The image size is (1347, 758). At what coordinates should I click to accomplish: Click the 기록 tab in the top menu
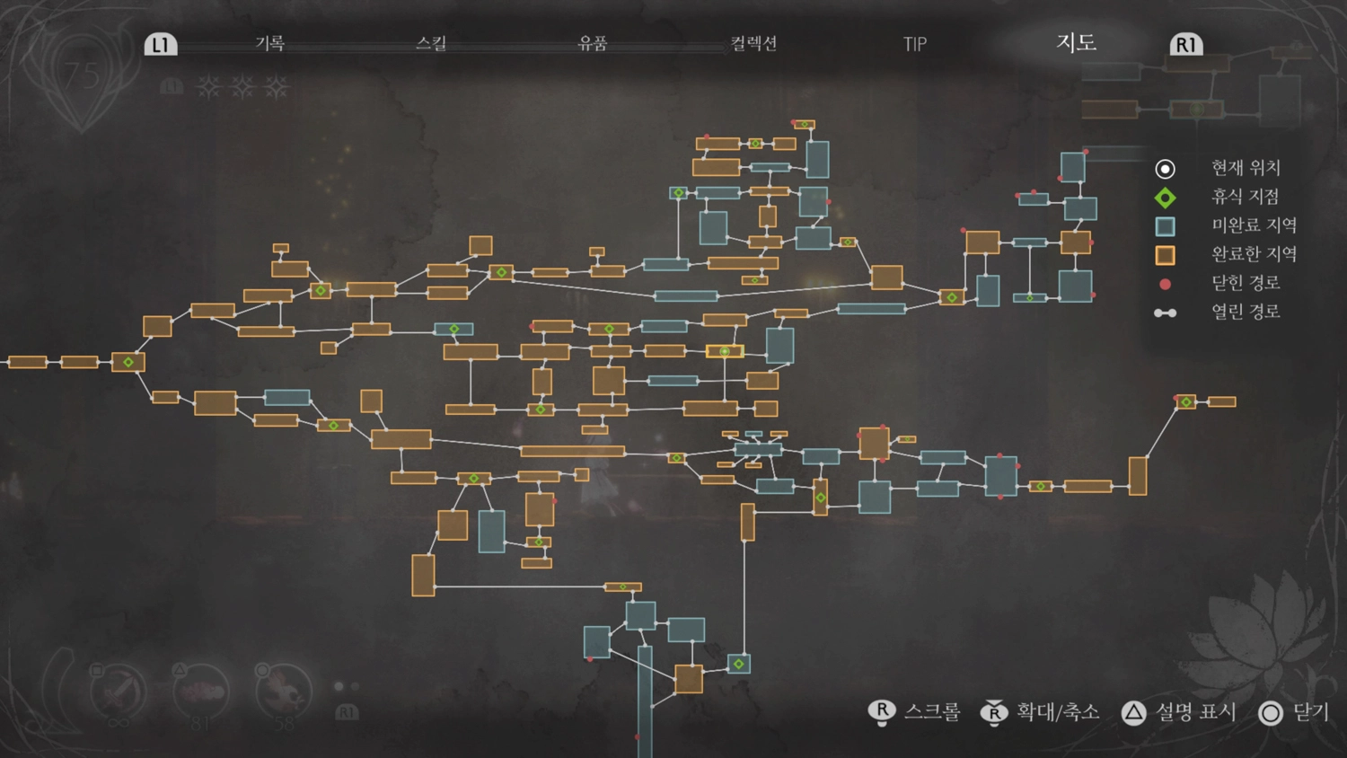pyautogui.click(x=269, y=43)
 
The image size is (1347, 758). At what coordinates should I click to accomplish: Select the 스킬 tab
pyautogui.click(x=431, y=43)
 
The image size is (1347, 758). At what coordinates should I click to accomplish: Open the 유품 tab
pyautogui.click(x=593, y=43)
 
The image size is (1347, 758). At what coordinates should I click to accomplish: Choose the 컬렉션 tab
pyautogui.click(x=753, y=43)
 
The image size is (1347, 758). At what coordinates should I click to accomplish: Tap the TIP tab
pyautogui.click(x=914, y=44)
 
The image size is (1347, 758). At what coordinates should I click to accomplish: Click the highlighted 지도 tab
pyautogui.click(x=1076, y=42)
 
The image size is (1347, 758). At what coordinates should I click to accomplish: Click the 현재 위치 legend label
pyautogui.click(x=1246, y=168)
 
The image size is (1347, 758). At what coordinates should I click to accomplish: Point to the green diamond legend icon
pyautogui.click(x=1165, y=198)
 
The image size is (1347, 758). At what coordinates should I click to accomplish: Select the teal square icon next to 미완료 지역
pyautogui.click(x=1165, y=226)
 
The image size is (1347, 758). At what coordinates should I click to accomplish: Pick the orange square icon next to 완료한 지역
pyautogui.click(x=1165, y=255)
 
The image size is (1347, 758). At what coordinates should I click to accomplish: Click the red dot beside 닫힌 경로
pyautogui.click(x=1165, y=284)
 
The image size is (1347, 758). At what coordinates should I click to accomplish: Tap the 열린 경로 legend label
pyautogui.click(x=1246, y=313)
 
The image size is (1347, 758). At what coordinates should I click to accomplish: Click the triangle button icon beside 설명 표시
pyautogui.click(x=1133, y=713)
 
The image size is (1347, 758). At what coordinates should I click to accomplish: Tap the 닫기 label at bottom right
pyautogui.click(x=1310, y=712)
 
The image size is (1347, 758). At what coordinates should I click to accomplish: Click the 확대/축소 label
pyautogui.click(x=1058, y=712)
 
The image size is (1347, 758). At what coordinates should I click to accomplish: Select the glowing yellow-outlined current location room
pyautogui.click(x=725, y=351)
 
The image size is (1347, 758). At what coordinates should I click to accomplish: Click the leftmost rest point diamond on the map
pyautogui.click(x=128, y=362)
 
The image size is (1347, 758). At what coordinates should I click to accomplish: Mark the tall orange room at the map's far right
pyautogui.click(x=1138, y=476)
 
